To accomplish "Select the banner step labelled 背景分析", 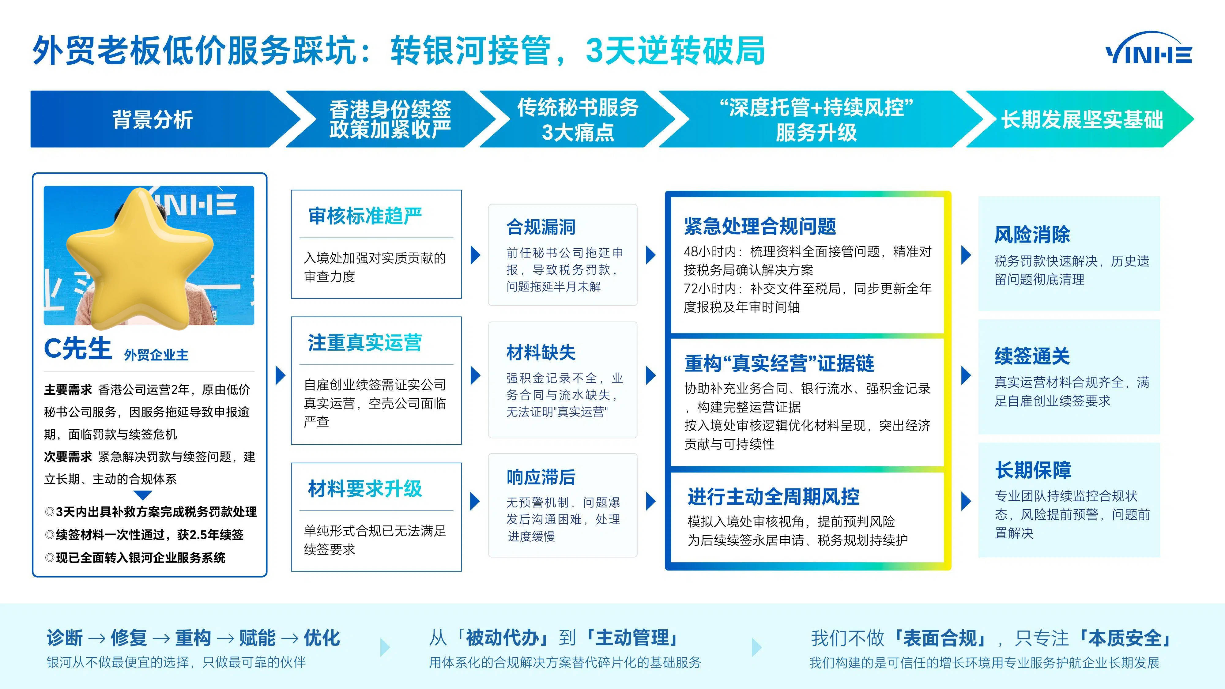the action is pos(152,119).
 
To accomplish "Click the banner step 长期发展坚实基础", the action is pos(1082,119).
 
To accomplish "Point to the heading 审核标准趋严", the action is pos(365,216).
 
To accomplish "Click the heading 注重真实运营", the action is pos(365,342).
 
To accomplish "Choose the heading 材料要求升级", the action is pos(365,488).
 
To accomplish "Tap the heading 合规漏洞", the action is pos(541,227).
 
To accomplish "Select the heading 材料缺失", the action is pos(541,352).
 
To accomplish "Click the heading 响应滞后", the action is pos(541,477).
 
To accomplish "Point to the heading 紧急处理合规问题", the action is pos(760,226).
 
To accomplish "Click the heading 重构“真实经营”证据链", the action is pos(779,363).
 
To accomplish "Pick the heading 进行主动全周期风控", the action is pos(773,496).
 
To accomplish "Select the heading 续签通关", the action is pos(1032,356).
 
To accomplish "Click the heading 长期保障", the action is pos(1033,470).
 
